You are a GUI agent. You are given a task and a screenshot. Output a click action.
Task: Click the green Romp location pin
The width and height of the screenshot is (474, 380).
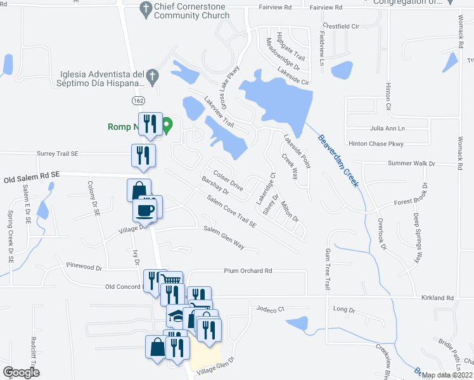[167, 126]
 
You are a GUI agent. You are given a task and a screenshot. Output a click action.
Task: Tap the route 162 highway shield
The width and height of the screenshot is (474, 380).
[139, 101]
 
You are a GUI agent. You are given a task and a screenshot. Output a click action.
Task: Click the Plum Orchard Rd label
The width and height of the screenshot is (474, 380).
[248, 270]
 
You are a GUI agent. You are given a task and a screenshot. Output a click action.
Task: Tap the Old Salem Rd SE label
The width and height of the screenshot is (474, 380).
[32, 180]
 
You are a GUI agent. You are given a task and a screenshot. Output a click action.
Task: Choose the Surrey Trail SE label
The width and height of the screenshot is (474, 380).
[57, 153]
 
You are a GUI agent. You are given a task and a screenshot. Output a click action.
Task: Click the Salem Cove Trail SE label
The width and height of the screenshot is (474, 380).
[229, 212]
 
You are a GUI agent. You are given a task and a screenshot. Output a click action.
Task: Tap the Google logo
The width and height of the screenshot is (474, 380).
[21, 372]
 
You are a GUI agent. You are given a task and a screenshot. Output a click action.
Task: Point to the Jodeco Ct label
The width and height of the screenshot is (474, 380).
[272, 309]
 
